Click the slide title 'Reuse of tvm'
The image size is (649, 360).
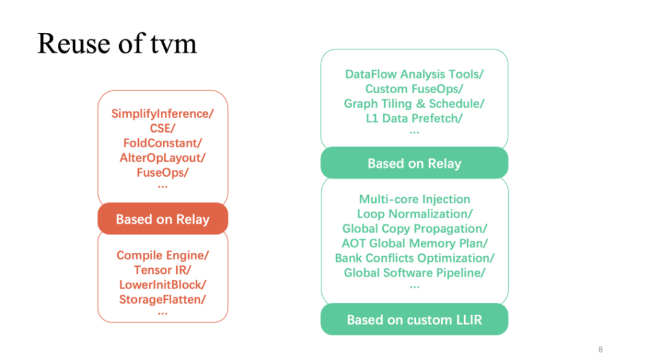click(x=117, y=44)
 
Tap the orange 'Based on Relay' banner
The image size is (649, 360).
click(x=163, y=219)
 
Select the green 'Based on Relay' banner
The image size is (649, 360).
click(x=414, y=163)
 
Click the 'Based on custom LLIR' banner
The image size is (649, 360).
click(x=414, y=319)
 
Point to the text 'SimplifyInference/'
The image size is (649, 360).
click(x=163, y=114)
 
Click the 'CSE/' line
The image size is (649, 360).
click(x=163, y=128)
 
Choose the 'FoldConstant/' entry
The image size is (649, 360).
click(x=163, y=143)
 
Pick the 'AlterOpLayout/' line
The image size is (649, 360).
click(x=163, y=158)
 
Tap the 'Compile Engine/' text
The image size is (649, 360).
click(x=163, y=255)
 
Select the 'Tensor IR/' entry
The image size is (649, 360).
click(x=163, y=270)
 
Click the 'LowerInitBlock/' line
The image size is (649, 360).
click(x=163, y=285)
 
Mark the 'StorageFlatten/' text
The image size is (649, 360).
click(x=163, y=300)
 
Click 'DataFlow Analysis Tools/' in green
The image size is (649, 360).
click(x=414, y=74)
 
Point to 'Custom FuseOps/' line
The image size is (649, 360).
click(x=414, y=89)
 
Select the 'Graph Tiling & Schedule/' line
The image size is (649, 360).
click(x=414, y=103)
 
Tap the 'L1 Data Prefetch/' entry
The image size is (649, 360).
click(x=414, y=119)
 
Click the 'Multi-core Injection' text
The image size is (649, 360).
click(x=414, y=200)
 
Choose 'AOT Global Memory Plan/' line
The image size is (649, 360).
click(x=414, y=243)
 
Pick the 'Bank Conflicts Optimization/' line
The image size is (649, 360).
click(x=414, y=258)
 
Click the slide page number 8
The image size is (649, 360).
click(x=601, y=350)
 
